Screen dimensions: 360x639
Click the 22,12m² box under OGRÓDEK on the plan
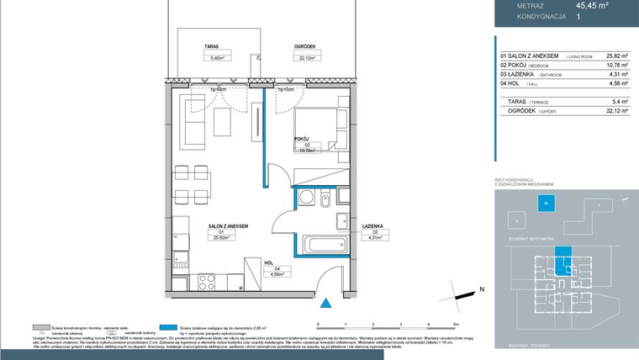coord(283,58)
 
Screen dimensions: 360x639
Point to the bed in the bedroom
coord(320,130)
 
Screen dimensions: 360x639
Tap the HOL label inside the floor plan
coord(269,262)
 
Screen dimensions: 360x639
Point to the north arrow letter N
coord(483,289)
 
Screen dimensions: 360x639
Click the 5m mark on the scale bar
coord(456,323)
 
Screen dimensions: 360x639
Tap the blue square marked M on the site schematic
coord(545,204)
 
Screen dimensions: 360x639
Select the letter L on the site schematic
coord(599,204)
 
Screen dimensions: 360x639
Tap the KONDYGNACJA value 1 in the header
coord(578,16)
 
